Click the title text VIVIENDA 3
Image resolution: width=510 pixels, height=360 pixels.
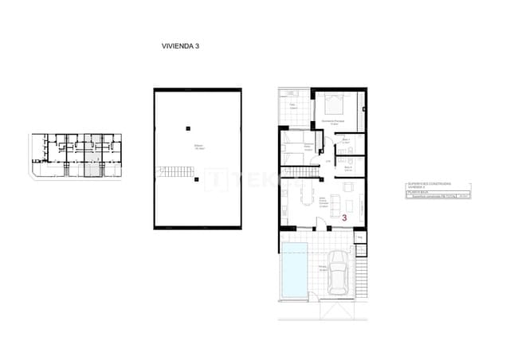pos(180,46)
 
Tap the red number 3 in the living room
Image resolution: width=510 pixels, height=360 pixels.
pos(344,216)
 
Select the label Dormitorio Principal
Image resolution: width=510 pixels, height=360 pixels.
pos(331,122)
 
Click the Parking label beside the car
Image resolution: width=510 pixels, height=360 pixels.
pos(323,267)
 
